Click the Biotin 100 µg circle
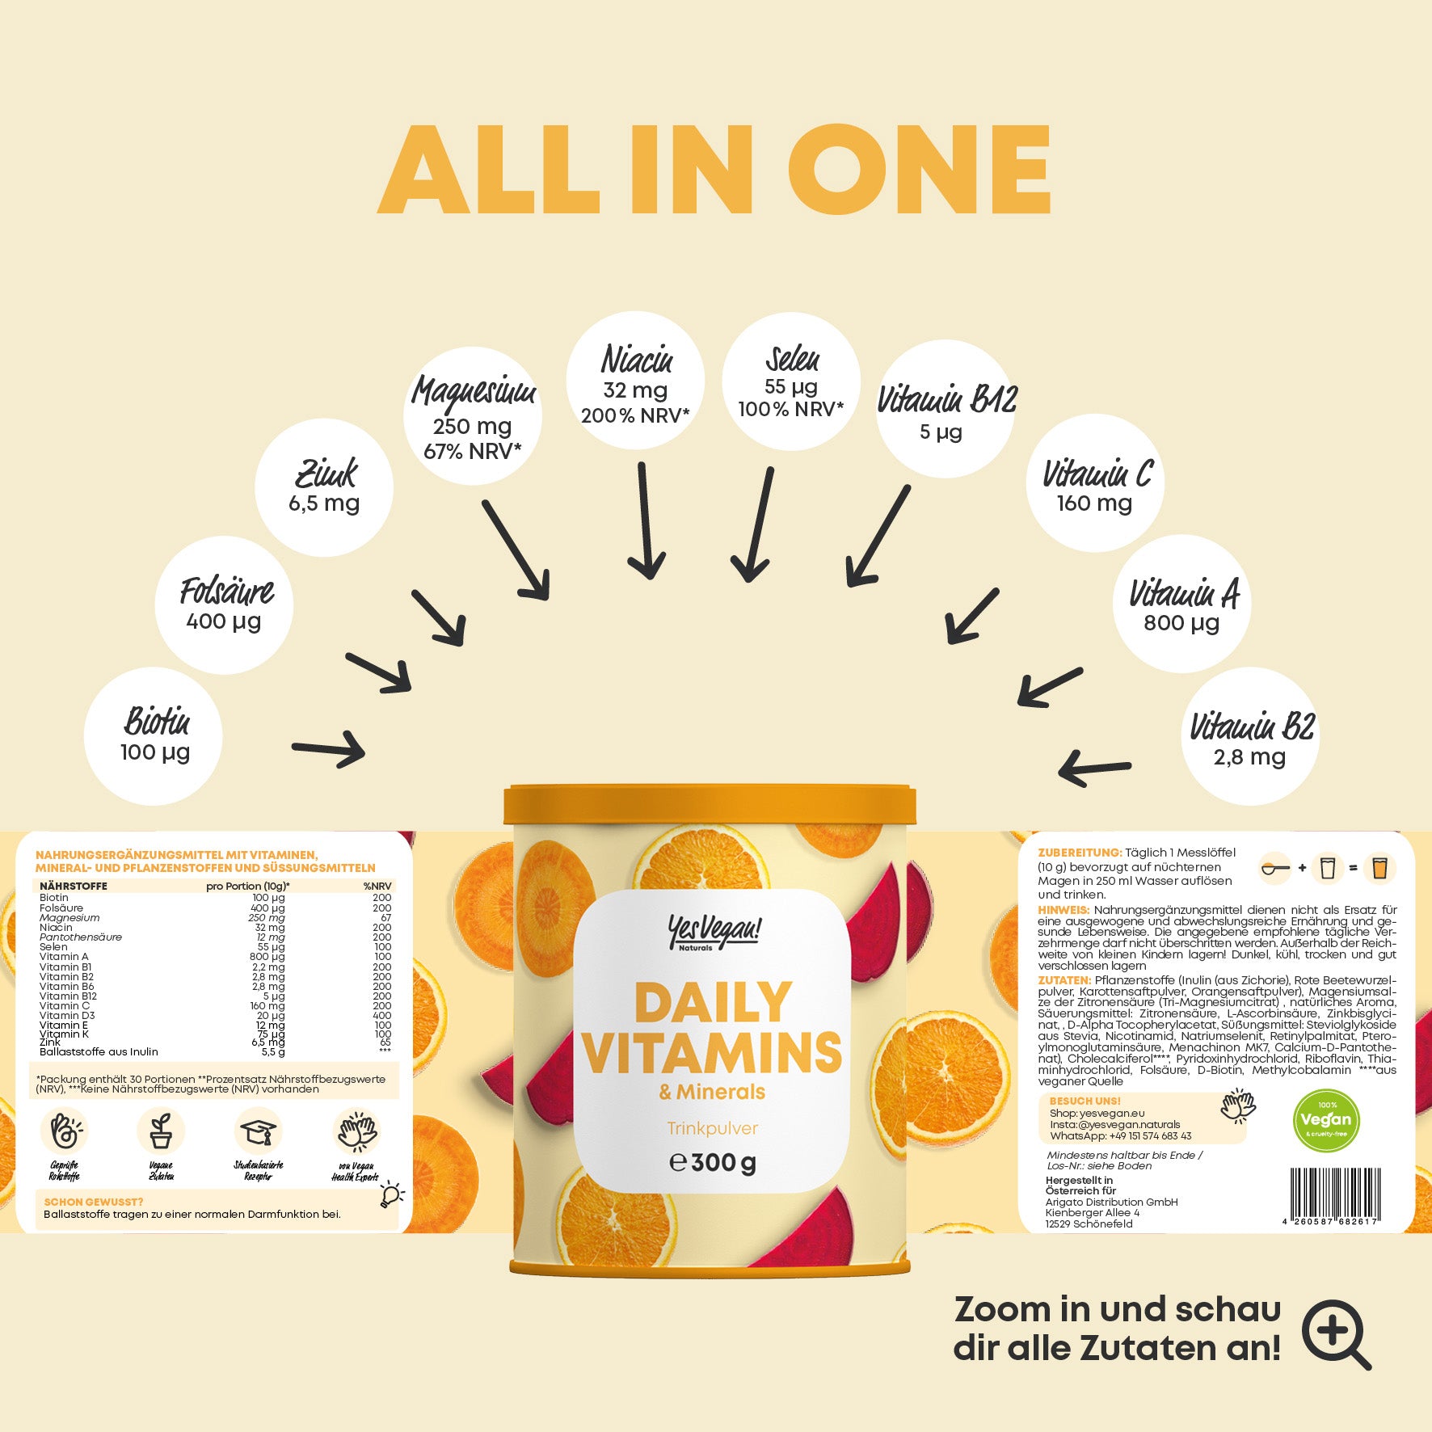click(x=153, y=736)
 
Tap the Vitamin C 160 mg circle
click(x=1095, y=484)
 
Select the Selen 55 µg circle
click(x=790, y=382)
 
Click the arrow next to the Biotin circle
click(x=328, y=750)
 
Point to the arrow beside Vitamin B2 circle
click(x=1094, y=767)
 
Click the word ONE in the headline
click(x=919, y=171)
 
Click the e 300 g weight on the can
click(x=713, y=1163)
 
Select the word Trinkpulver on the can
click(x=712, y=1128)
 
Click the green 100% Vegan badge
click(x=1326, y=1120)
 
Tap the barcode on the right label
click(x=1334, y=1194)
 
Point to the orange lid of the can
click(x=710, y=805)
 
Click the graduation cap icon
click(x=259, y=1131)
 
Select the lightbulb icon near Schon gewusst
click(x=391, y=1195)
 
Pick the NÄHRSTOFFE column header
click(x=74, y=887)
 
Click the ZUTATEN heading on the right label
click(x=1064, y=980)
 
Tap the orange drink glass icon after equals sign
click(x=1379, y=868)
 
